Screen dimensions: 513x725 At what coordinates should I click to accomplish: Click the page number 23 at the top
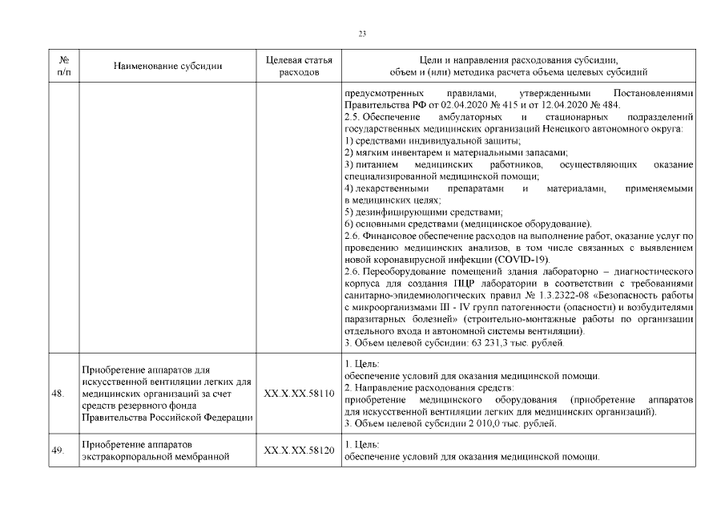[x=362, y=34]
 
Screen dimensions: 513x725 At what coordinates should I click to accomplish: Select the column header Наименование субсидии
[x=167, y=66]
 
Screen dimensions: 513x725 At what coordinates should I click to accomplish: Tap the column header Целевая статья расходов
[x=298, y=66]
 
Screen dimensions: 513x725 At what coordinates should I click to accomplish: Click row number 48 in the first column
[x=58, y=394]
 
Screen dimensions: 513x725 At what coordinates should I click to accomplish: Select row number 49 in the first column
[x=58, y=450]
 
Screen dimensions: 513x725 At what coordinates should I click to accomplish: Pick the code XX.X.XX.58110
[x=298, y=394]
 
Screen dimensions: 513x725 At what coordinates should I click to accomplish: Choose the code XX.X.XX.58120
[x=298, y=450]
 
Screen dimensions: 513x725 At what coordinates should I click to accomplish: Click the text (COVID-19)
[x=522, y=261]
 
